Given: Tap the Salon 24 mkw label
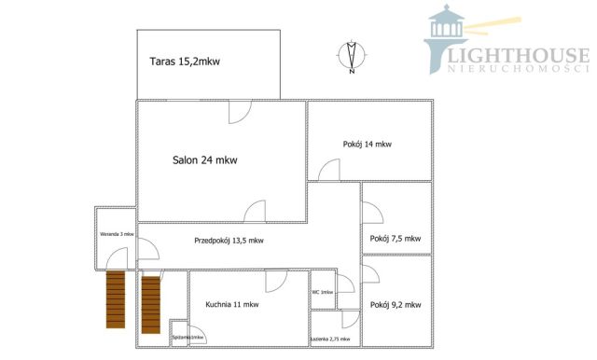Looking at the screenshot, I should tap(204, 159).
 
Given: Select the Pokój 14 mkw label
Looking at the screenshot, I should tap(367, 144).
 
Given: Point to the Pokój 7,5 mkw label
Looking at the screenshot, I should tap(396, 238).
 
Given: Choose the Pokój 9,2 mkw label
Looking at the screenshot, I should tap(396, 305).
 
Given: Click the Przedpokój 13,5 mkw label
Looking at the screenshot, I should tap(229, 240).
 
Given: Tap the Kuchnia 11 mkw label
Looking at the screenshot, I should tap(232, 304).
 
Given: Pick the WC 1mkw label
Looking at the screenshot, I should tap(322, 292).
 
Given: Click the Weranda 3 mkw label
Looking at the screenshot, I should tap(117, 233).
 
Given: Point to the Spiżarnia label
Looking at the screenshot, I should tap(187, 337).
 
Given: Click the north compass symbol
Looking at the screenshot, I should tap(351, 56).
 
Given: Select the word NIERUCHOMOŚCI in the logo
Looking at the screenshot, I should tap(520, 70).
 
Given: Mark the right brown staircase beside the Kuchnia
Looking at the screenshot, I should tap(151, 303).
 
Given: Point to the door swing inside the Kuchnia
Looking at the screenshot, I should tap(276, 282).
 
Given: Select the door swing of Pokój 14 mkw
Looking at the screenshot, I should tap(328, 171).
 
